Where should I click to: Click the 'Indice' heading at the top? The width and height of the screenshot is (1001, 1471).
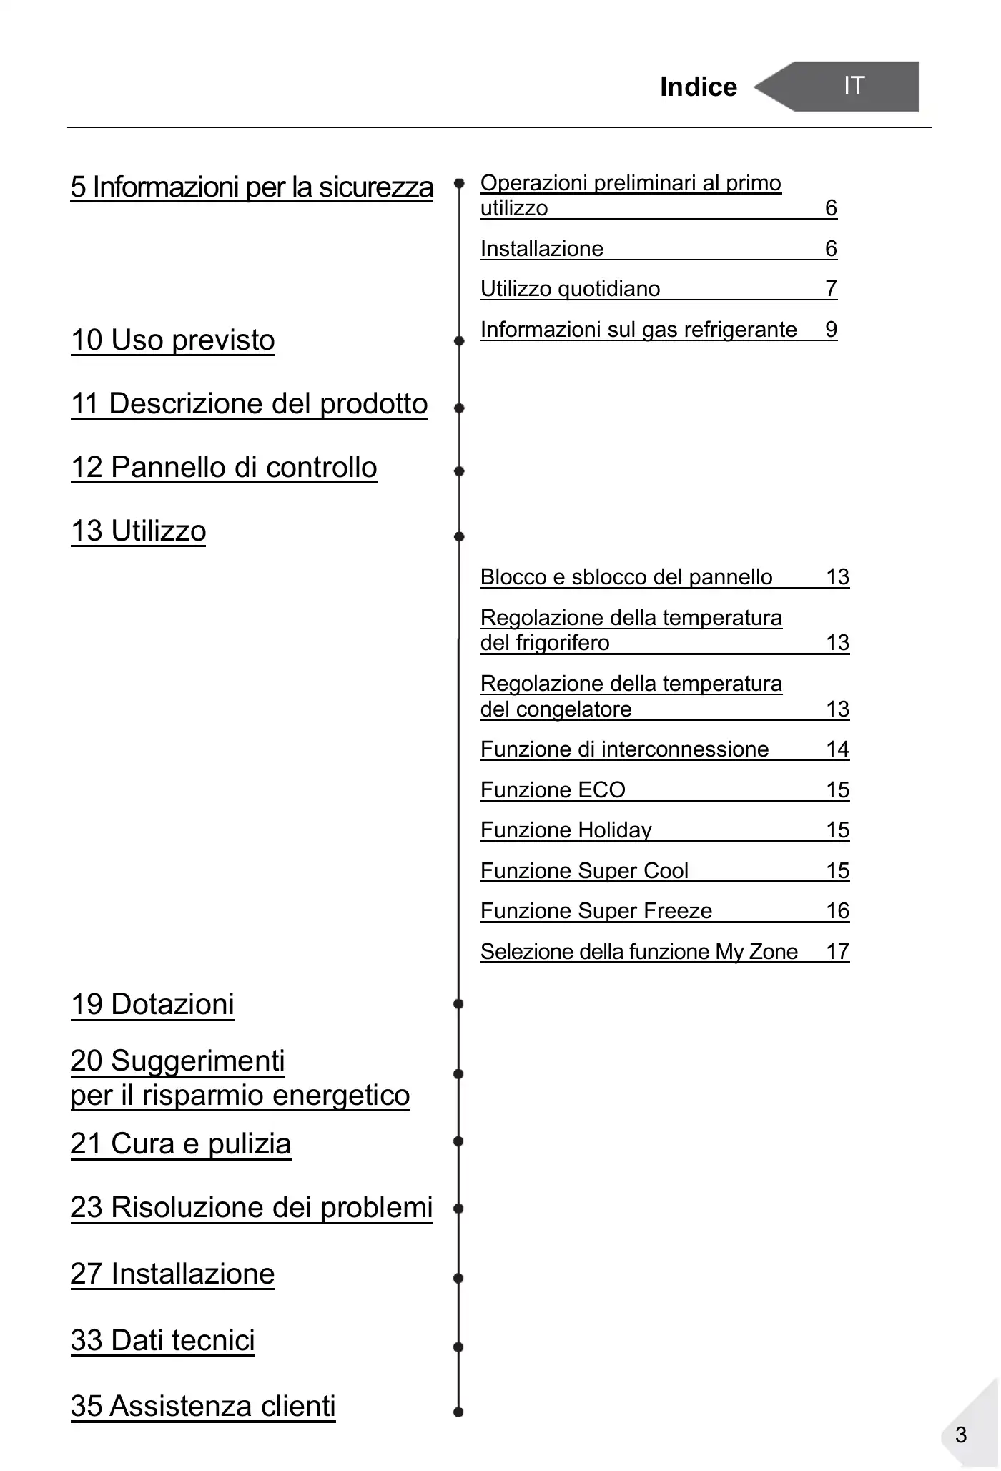pyautogui.click(x=698, y=87)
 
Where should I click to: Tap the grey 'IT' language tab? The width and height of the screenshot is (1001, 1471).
pyautogui.click(x=854, y=86)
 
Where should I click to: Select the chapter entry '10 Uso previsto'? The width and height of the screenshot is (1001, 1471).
pyautogui.click(x=173, y=340)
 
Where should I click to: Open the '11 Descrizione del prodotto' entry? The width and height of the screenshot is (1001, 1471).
pyautogui.click(x=249, y=403)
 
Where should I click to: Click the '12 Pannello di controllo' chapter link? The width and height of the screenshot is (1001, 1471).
pyautogui.click(x=224, y=467)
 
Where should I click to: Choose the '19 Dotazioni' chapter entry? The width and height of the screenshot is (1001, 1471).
pyautogui.click(x=152, y=1004)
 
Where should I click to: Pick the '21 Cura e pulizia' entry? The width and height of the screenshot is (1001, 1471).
pyautogui.click(x=181, y=1143)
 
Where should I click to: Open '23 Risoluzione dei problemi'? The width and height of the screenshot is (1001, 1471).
pyautogui.click(x=252, y=1207)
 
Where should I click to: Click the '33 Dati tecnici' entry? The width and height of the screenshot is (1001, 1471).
pyautogui.click(x=163, y=1340)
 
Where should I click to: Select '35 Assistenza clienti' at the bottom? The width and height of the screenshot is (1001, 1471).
pyautogui.click(x=203, y=1406)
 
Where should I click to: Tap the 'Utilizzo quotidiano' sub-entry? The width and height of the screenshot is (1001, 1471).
pyautogui.click(x=571, y=289)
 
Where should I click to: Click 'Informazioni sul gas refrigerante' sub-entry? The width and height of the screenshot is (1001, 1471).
pyautogui.click(x=638, y=329)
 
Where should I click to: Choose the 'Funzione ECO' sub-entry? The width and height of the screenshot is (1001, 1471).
pyautogui.click(x=553, y=789)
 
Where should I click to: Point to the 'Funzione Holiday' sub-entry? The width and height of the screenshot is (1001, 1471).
pyautogui.click(x=566, y=830)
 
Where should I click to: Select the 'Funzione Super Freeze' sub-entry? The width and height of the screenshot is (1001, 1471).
pyautogui.click(x=596, y=910)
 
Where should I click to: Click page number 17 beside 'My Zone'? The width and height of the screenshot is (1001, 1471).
pyautogui.click(x=837, y=951)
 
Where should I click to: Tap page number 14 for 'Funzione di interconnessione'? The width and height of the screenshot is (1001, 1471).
pyautogui.click(x=837, y=749)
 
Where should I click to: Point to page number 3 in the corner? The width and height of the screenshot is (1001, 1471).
pyautogui.click(x=961, y=1435)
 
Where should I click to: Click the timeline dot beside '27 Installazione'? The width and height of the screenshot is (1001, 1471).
pyautogui.click(x=459, y=1278)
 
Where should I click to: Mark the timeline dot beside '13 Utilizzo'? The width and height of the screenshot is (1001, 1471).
pyautogui.click(x=459, y=536)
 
